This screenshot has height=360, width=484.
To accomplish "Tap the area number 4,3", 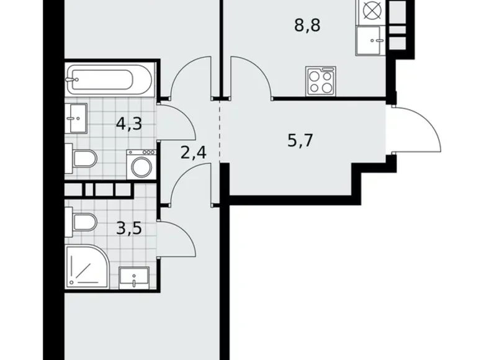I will coord(129,123).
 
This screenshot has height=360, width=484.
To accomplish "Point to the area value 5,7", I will coord(299,140).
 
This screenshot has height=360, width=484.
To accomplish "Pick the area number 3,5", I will coord(129,228).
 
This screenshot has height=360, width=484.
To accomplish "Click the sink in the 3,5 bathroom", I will coord(133,277).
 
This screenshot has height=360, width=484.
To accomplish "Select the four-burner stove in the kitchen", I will coord(320,81).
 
